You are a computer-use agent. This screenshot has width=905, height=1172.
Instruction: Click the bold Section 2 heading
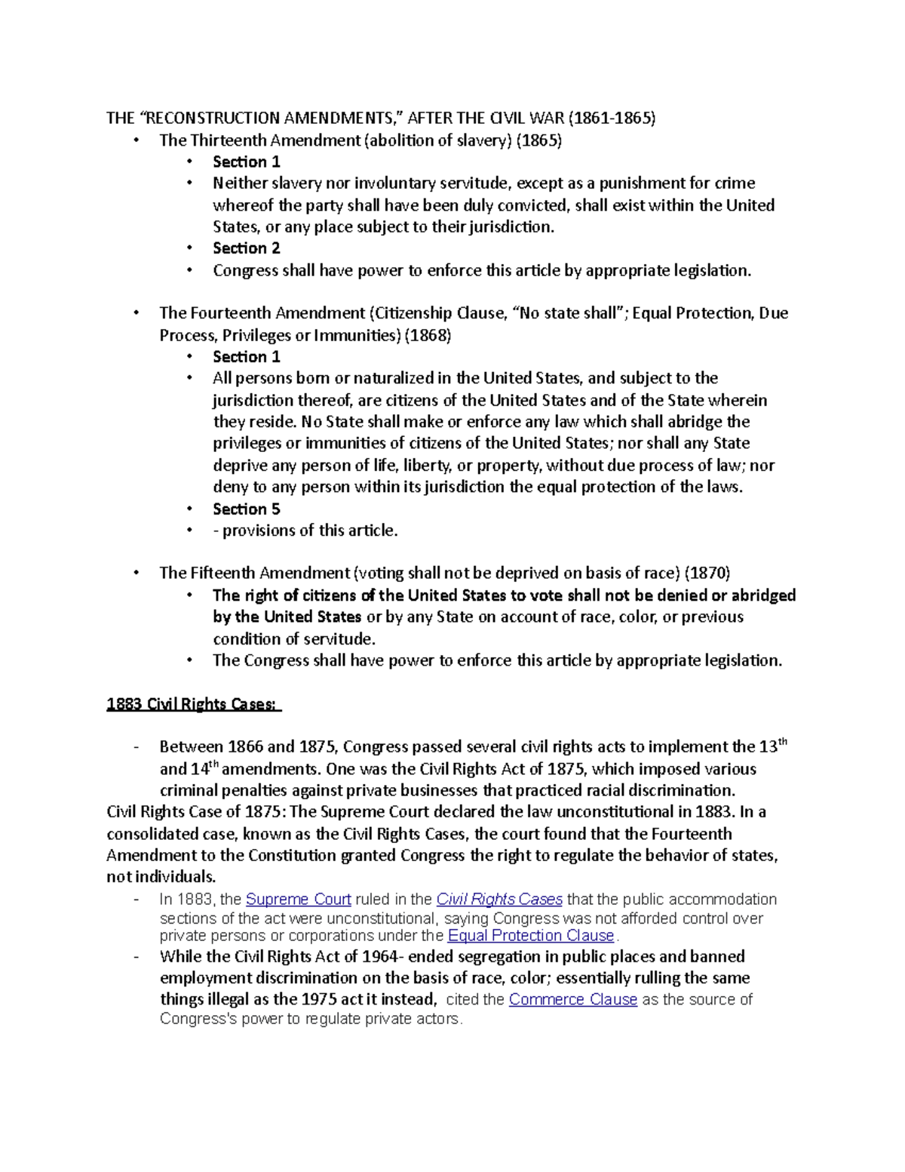point(246,248)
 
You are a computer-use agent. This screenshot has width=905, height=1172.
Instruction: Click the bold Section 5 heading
point(246,509)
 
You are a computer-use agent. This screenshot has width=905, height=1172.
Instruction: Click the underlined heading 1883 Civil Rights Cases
point(193,704)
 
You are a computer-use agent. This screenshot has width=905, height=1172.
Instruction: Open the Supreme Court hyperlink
point(299,900)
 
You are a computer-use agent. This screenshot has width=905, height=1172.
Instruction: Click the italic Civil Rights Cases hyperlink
point(499,900)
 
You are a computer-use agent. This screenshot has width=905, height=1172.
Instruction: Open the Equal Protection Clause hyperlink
point(531,936)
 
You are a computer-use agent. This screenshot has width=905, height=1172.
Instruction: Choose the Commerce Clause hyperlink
point(573,1000)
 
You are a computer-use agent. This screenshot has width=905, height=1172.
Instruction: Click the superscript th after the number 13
point(782,743)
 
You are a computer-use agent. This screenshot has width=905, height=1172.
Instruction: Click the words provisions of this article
point(310,531)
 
